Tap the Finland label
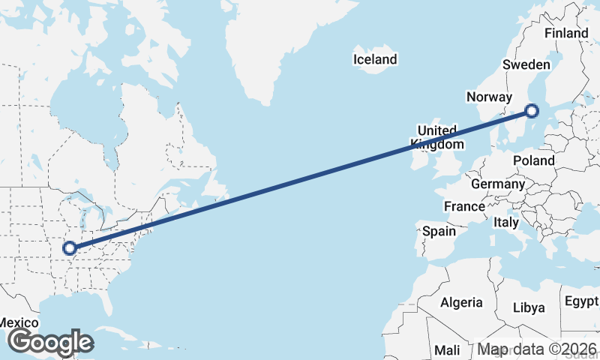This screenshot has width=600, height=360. [566, 33]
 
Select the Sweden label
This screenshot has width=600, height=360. [526, 64]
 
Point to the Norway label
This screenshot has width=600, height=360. [488, 97]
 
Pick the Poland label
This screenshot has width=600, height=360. [534, 160]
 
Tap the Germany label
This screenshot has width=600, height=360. [498, 184]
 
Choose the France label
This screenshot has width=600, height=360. [464, 206]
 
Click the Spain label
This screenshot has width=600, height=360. [439, 231]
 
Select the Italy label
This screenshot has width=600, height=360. [506, 223]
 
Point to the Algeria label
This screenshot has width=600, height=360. [460, 302]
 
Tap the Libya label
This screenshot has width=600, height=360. [529, 307]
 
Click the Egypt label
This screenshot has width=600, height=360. [581, 302]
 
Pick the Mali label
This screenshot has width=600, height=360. [447, 350]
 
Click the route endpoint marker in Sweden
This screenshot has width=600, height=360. [532, 112]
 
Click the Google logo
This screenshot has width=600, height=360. [50, 342]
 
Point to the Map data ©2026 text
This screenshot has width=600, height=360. [537, 349]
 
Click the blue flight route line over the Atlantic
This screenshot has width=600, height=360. [300, 180]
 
